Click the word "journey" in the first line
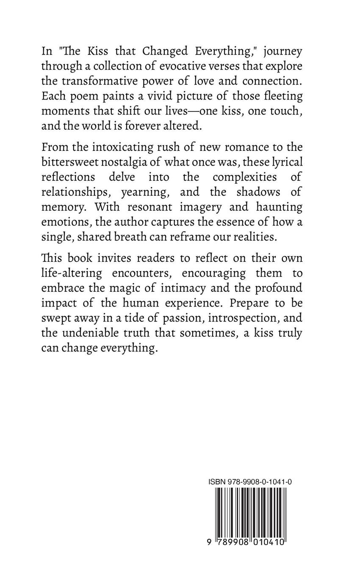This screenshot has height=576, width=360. click(x=282, y=52)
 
